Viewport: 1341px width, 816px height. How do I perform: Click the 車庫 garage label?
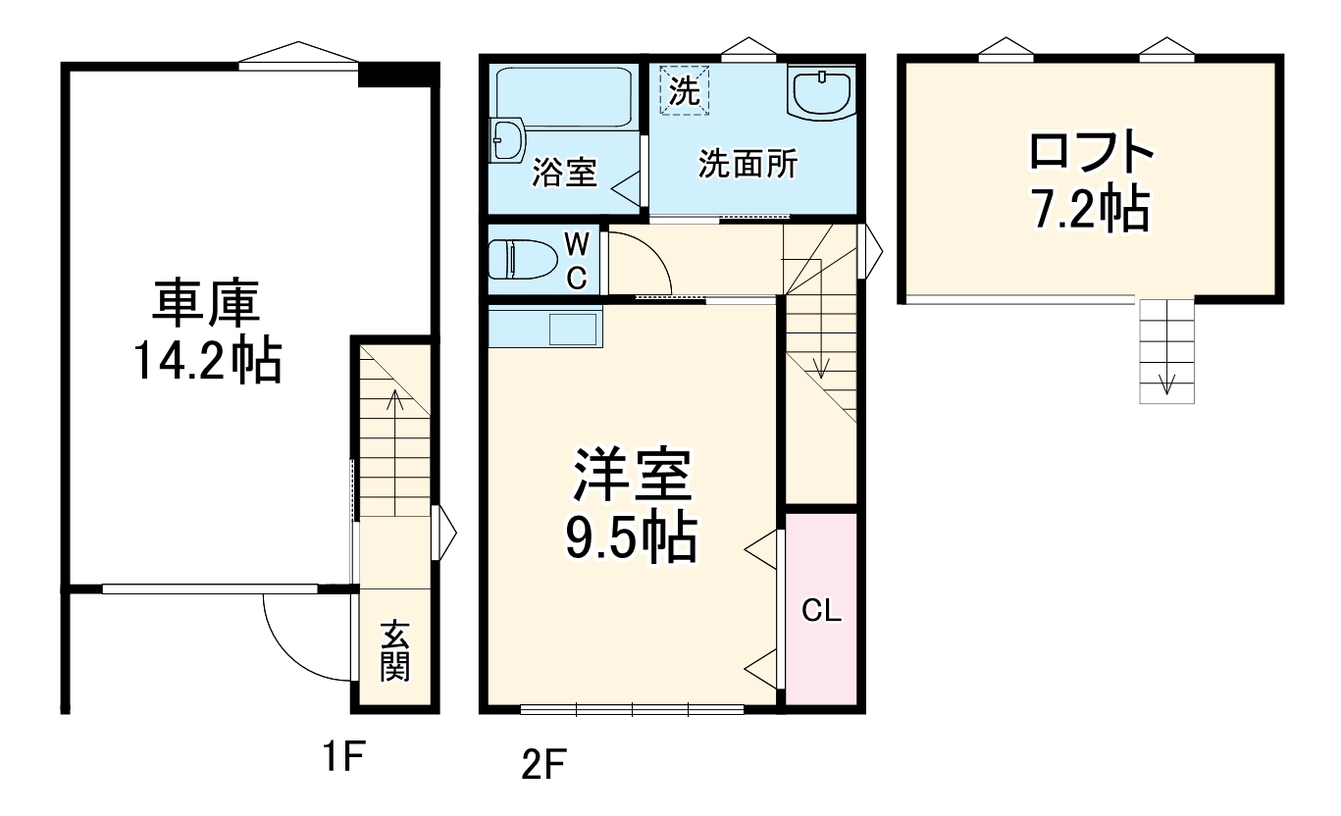(x=205, y=304)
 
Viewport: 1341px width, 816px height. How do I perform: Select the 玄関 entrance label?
(x=394, y=651)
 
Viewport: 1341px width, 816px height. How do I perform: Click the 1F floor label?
(x=345, y=756)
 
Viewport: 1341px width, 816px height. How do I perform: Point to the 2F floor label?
(x=544, y=763)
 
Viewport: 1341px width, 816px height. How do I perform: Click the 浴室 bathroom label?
(x=564, y=174)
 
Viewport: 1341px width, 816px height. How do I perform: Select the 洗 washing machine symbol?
(x=685, y=91)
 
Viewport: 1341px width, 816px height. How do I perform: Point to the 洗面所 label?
(x=748, y=164)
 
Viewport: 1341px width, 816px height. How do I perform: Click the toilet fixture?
(x=521, y=260)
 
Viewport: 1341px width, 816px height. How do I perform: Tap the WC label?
(x=577, y=260)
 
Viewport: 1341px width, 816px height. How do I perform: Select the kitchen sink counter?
(x=544, y=326)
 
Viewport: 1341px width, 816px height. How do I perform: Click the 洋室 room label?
(x=633, y=476)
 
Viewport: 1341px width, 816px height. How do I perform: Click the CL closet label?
(x=821, y=611)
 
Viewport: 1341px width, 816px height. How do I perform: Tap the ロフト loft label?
(x=1088, y=154)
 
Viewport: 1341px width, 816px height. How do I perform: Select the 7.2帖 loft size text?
(x=1088, y=207)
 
